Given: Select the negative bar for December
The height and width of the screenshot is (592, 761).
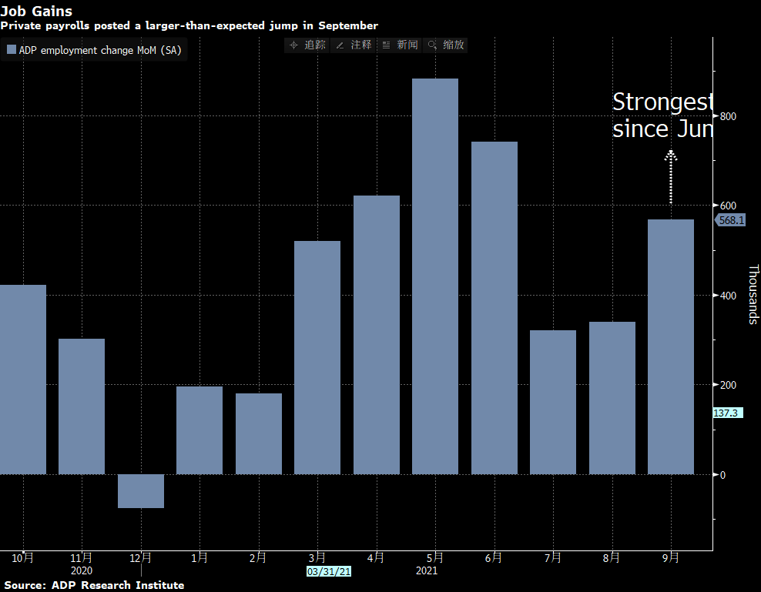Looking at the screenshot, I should (141, 491).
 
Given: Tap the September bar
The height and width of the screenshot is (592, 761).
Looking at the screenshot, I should (671, 346).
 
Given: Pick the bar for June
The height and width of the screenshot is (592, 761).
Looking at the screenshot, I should (494, 308).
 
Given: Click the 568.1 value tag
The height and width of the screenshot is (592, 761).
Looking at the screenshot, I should (730, 220).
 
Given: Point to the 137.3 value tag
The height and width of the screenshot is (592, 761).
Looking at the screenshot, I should (728, 413).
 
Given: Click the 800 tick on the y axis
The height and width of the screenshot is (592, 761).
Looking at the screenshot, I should (729, 116).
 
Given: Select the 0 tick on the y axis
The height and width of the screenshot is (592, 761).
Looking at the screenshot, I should (723, 474).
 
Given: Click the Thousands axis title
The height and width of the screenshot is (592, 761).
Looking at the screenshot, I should (753, 294).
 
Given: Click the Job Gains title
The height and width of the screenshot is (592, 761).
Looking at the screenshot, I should (36, 11).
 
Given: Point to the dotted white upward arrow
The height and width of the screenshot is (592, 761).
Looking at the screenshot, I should (671, 176).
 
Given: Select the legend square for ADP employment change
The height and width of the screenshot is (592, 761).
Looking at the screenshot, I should (11, 50).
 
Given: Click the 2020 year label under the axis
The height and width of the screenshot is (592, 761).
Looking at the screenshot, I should (82, 571).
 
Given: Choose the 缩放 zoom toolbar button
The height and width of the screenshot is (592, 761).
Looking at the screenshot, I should (446, 45).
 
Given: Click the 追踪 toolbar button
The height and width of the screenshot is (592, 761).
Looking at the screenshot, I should (307, 45).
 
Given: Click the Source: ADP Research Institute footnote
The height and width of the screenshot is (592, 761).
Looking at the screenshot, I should (92, 585).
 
